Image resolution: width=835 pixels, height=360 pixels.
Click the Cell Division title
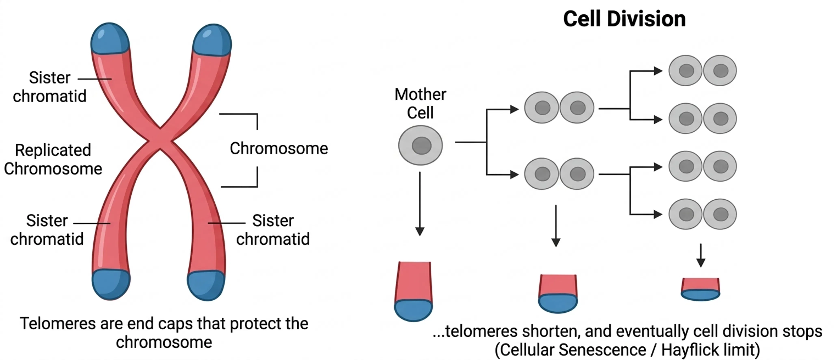[x=624, y=19]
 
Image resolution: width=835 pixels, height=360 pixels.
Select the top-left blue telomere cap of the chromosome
[x=110, y=39]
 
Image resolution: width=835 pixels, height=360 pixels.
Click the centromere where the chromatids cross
[x=160, y=139]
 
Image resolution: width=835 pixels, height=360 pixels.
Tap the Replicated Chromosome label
[x=53, y=159]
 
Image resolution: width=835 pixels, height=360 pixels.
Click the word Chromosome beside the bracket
[x=279, y=148]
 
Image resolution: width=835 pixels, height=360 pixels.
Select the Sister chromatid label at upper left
[x=50, y=87]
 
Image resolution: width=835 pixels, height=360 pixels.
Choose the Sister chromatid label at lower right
[x=273, y=230]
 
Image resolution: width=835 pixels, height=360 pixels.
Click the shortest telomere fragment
[x=700, y=289]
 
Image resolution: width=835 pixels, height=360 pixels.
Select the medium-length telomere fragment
[x=558, y=293]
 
